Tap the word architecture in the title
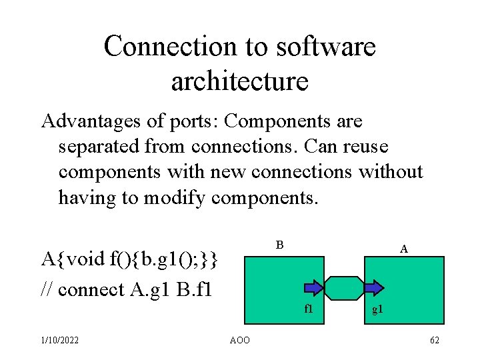point(239,81)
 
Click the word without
point(391,171)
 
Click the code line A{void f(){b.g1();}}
point(129,258)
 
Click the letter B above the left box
point(281,245)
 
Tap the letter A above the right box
point(404,249)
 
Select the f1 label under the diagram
point(309,309)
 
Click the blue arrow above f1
point(314,287)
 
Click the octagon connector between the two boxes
point(344,287)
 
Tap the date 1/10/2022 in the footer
point(59,341)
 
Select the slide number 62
point(435,341)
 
